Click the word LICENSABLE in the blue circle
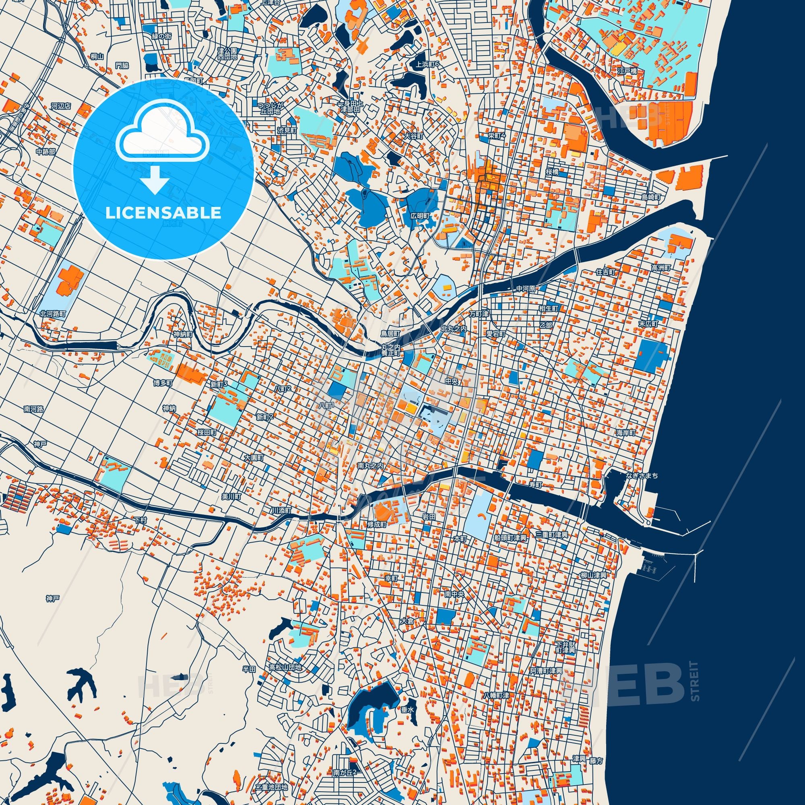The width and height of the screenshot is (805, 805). (x=163, y=213)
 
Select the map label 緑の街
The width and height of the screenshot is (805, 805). (x=161, y=36)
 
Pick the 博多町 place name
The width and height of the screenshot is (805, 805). (x=163, y=382)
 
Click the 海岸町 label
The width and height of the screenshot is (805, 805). (x=626, y=433)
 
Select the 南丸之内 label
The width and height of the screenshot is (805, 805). (x=370, y=466)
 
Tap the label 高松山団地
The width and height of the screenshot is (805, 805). (x=285, y=667)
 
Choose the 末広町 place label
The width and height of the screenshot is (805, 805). (x=649, y=324)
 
